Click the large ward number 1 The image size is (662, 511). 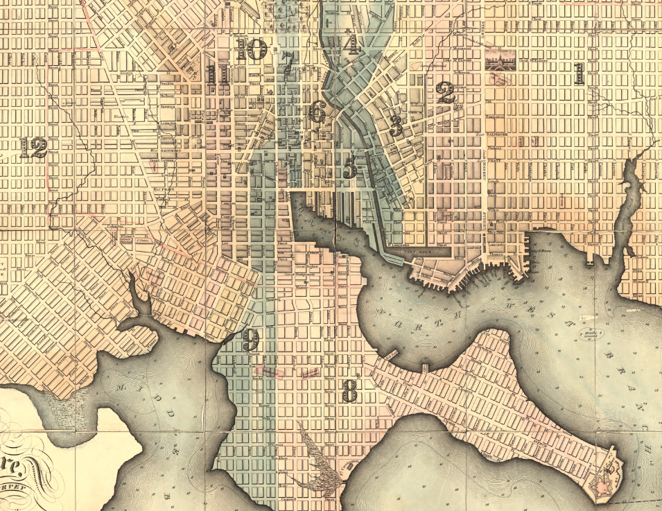(x=579, y=73)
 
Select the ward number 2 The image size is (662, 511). (x=445, y=93)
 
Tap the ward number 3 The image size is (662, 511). (x=397, y=125)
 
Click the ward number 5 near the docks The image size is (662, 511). (x=350, y=166)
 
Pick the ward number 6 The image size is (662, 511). (x=317, y=112)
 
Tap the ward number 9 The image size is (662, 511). (x=250, y=340)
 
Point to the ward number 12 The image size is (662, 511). (x=33, y=147)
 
